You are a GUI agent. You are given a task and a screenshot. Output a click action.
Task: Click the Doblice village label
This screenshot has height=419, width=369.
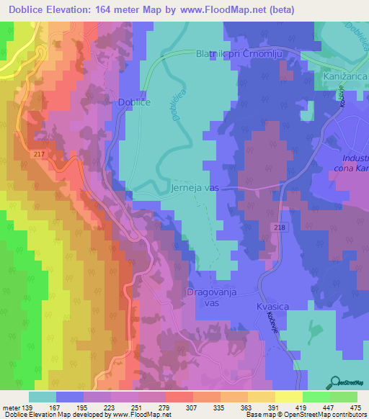pos(133,103)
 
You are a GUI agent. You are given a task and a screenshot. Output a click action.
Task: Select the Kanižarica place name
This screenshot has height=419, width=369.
pos(343,76)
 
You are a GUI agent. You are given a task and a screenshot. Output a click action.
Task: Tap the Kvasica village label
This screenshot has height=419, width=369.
pos(272,307)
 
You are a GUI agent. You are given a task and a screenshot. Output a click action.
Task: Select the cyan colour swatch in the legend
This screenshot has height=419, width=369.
pos(43,397)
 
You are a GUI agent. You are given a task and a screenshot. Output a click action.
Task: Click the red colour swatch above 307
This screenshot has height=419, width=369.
pos(178,397)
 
